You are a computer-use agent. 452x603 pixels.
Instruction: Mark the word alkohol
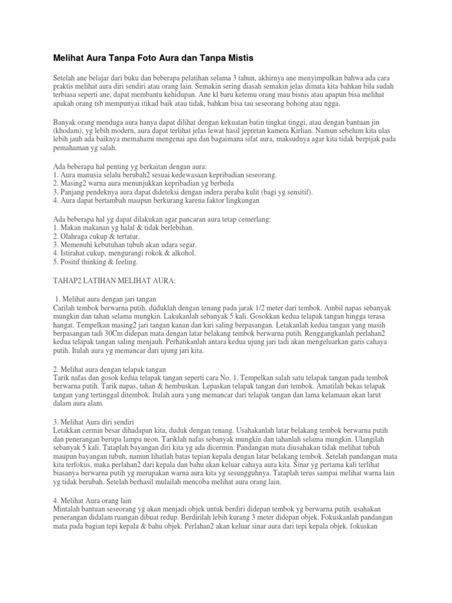point(182,253)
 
